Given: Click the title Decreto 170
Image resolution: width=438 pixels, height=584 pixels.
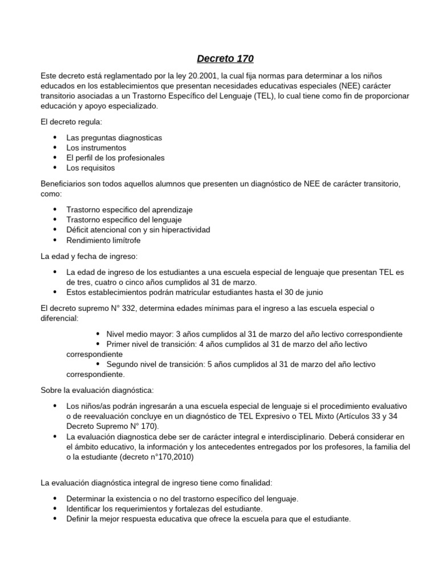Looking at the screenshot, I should pos(225,58).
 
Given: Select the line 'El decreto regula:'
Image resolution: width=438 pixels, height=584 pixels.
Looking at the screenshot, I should pos(69,122).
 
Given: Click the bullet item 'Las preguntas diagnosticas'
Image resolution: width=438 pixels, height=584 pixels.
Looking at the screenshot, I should pos(114,138).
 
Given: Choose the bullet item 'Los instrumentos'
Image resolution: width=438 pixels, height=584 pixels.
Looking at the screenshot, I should pos(96,148).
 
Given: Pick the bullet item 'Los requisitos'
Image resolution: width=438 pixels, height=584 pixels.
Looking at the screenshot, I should pos(91,168).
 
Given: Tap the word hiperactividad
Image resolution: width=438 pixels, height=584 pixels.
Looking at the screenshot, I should pos(182,230).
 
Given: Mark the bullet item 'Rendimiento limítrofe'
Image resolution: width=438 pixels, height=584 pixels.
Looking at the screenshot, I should pos(103,240).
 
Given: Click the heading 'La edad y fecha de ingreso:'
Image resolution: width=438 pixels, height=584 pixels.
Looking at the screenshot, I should pos(89,255).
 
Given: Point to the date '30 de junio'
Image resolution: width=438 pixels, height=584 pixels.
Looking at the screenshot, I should pos(303,293).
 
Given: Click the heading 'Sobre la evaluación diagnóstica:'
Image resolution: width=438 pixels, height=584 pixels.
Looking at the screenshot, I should pos(97,390).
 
